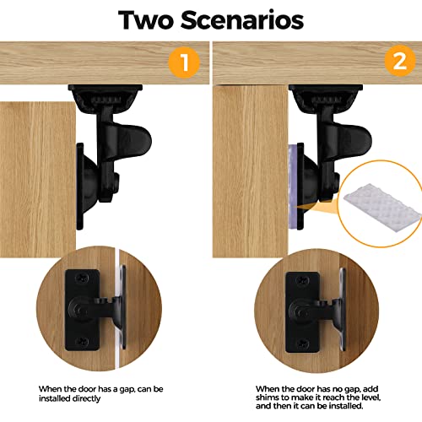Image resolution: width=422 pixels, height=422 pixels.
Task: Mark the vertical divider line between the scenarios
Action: point(212,211)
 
